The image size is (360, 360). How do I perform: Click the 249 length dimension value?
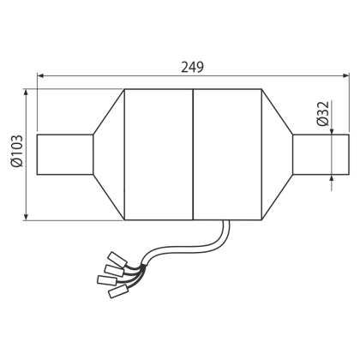point(192,68)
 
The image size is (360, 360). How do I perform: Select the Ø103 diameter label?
point(16,152)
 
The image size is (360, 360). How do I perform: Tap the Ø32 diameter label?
point(323,114)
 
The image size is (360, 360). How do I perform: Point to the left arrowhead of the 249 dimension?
point(40,75)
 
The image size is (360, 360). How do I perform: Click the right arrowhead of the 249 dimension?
point(345,75)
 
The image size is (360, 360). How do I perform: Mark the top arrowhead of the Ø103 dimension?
point(26,93)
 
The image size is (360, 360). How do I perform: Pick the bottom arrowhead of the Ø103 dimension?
point(26,217)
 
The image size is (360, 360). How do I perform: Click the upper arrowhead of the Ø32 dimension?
point(332,131)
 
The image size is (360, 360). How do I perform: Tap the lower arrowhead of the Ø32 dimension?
point(332,177)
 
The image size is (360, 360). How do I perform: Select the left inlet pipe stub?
point(65,154)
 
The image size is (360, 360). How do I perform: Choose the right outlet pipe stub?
point(321,154)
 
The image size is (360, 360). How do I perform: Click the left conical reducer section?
point(109,154)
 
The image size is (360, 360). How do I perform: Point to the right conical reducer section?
point(277,154)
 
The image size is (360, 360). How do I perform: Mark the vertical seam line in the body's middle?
point(193,154)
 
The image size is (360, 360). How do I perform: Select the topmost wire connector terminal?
point(117,258)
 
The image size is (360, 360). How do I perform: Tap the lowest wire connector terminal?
point(118,291)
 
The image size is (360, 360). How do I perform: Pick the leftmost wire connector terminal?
point(107,279)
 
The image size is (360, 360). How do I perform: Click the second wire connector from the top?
point(114,270)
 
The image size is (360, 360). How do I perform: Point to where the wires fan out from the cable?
point(143,267)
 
